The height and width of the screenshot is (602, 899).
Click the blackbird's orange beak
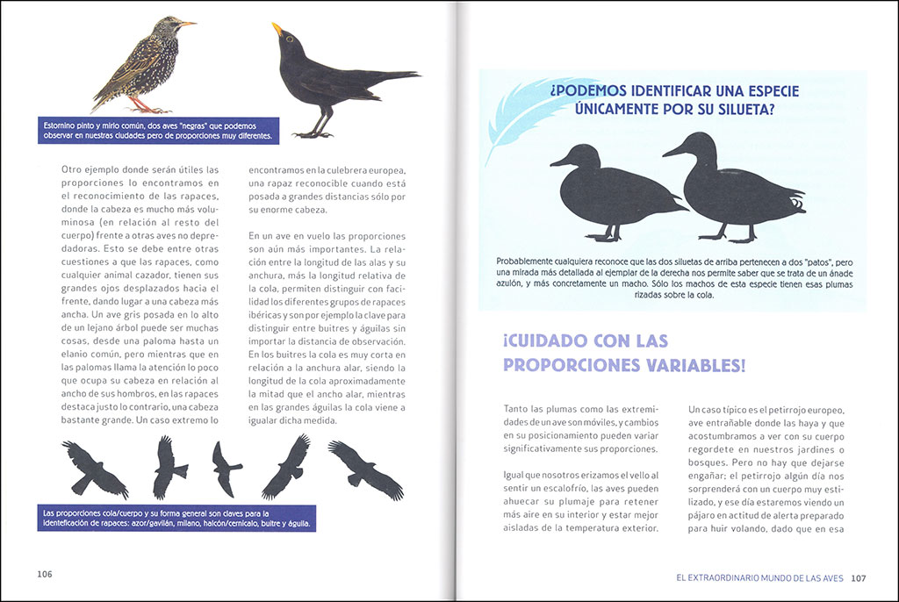click(x=277, y=31)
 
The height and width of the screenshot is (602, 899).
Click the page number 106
click(x=45, y=574)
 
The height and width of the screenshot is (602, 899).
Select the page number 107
click(x=859, y=577)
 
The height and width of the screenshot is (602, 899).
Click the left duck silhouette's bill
click(x=558, y=162)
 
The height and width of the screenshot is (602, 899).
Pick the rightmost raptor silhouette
click(x=367, y=469)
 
